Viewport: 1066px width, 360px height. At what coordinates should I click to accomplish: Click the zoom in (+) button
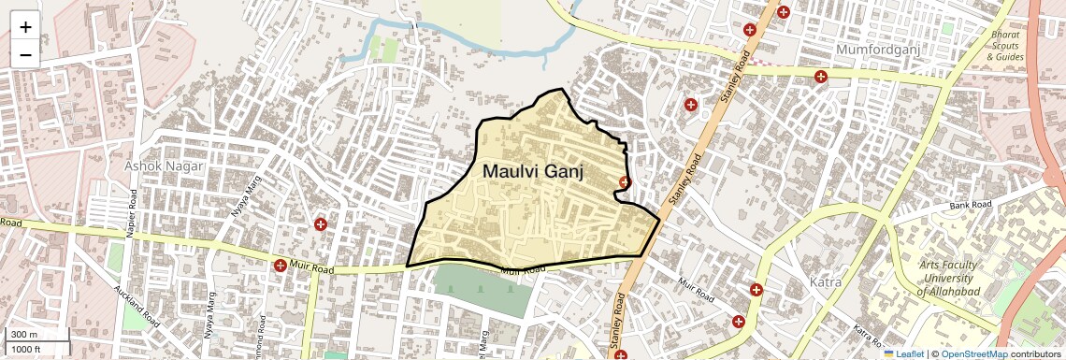25,27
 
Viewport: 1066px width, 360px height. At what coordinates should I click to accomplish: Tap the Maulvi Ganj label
533,172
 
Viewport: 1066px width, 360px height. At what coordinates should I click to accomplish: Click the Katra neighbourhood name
826,281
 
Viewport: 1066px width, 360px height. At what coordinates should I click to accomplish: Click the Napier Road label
135,211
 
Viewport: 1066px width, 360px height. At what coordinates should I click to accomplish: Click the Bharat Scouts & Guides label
1006,46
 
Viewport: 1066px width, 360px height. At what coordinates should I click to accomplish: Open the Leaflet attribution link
903,353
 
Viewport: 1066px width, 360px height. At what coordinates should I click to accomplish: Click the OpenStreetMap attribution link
973,353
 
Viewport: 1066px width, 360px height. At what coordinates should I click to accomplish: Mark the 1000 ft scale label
27,349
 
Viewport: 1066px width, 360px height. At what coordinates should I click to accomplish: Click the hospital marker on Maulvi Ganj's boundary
625,181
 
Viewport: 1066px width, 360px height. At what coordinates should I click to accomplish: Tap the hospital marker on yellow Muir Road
280,266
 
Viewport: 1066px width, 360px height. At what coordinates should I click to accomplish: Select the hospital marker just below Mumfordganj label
820,77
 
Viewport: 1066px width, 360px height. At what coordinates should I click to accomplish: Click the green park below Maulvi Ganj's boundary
483,291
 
